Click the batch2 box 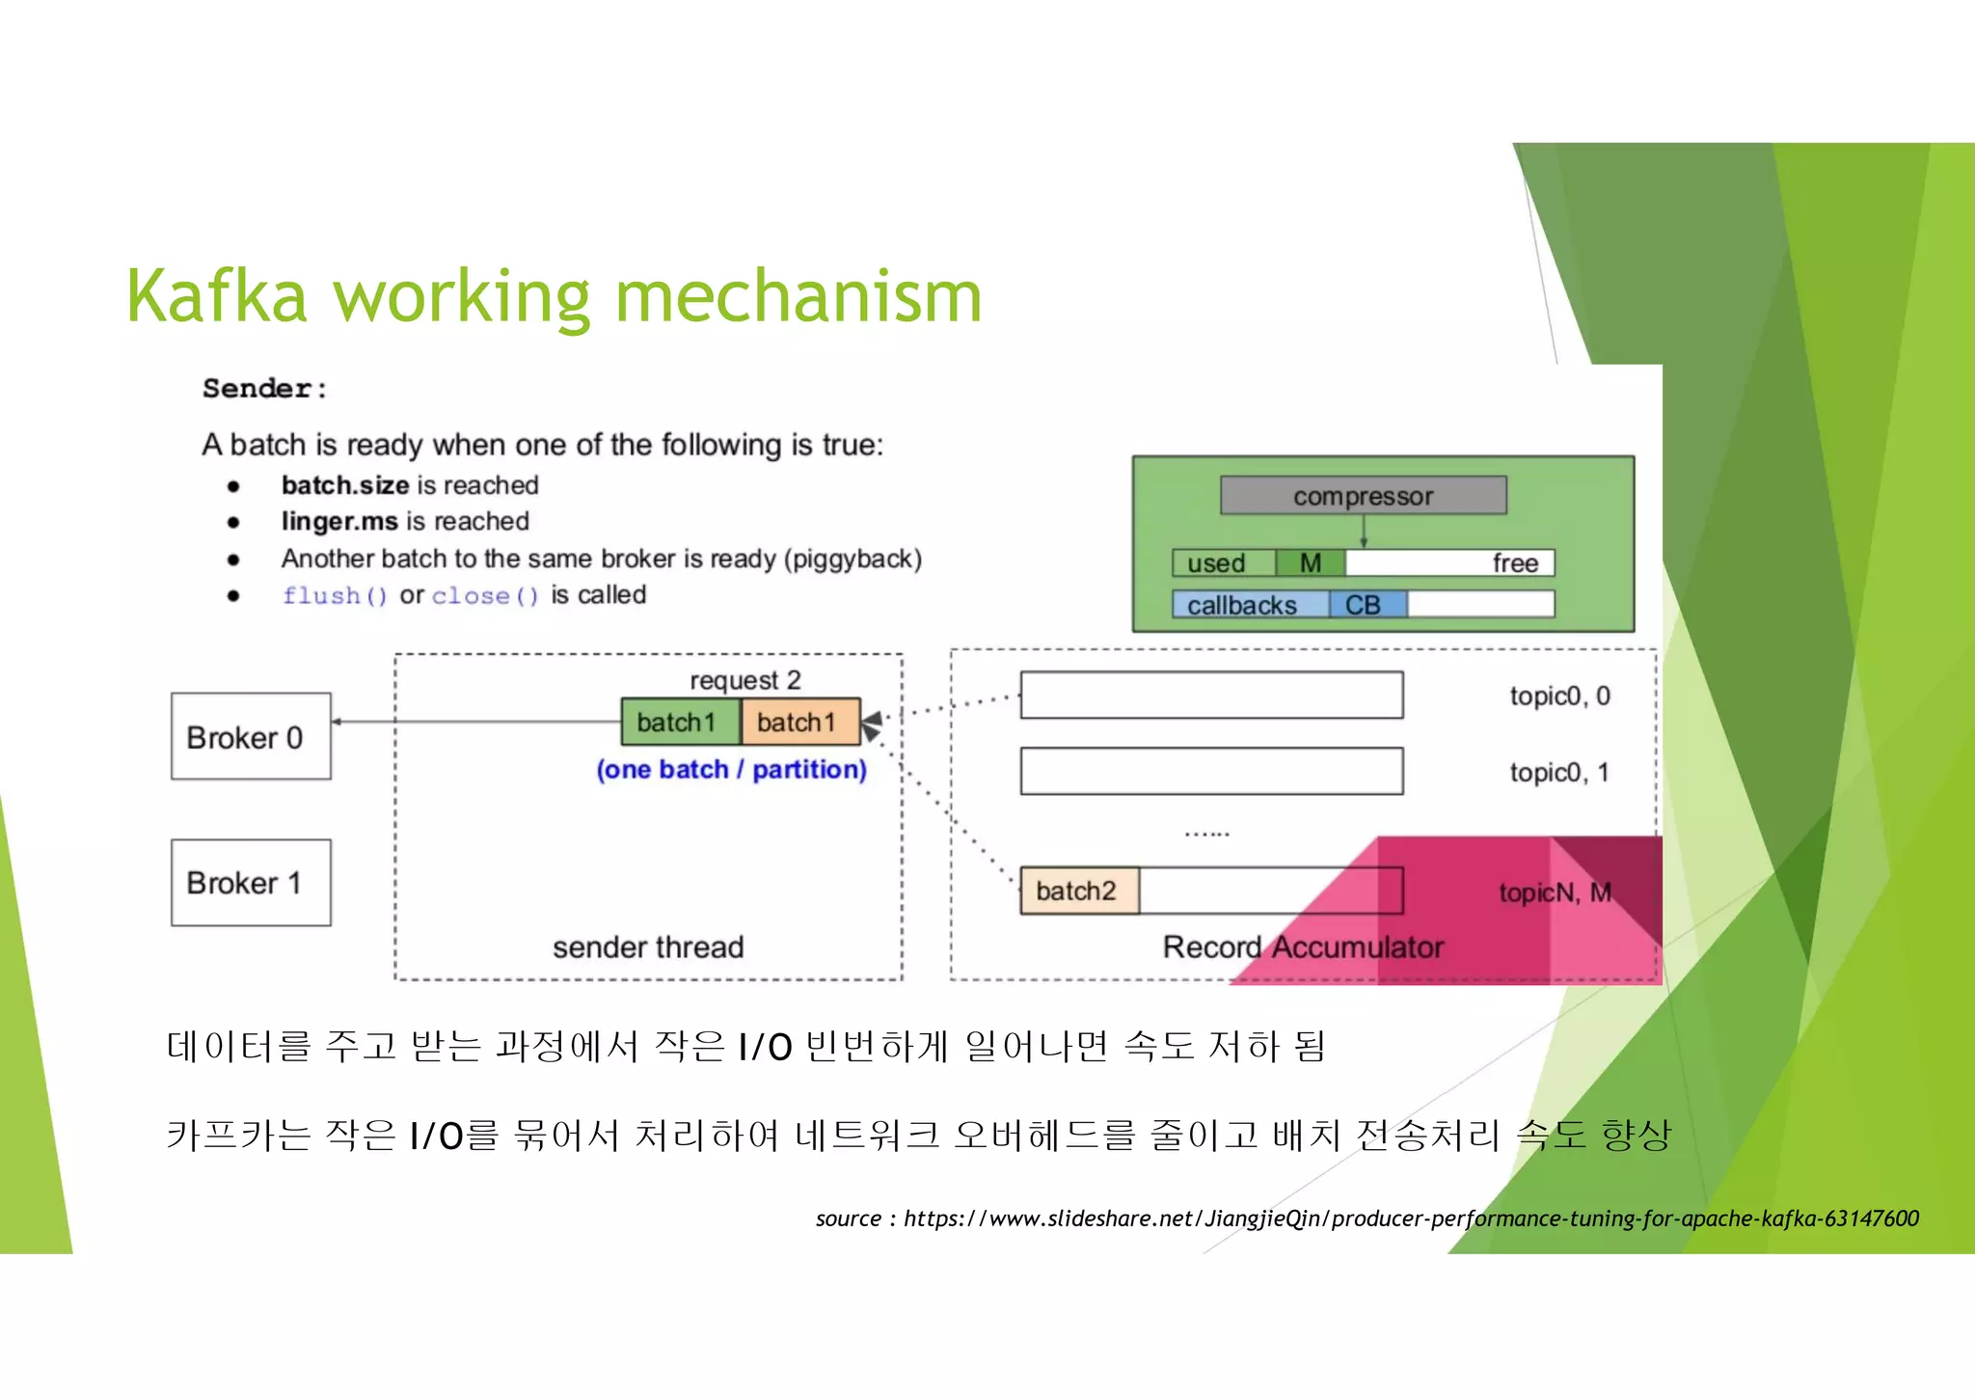[x=1078, y=890]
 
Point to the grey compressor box [x=1363, y=496]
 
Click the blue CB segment [x=1366, y=605]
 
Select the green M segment [x=1310, y=562]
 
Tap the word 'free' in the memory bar [x=1514, y=563]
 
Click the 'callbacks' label [x=1242, y=605]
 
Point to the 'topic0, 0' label [x=1559, y=696]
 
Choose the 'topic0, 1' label [x=1559, y=772]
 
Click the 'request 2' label [x=744, y=680]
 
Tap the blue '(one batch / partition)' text [x=731, y=769]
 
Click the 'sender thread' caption [x=648, y=946]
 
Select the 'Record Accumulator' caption [x=1303, y=946]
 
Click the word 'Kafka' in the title [x=217, y=296]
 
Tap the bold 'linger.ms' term [x=339, y=521]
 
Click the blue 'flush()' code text [x=335, y=595]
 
